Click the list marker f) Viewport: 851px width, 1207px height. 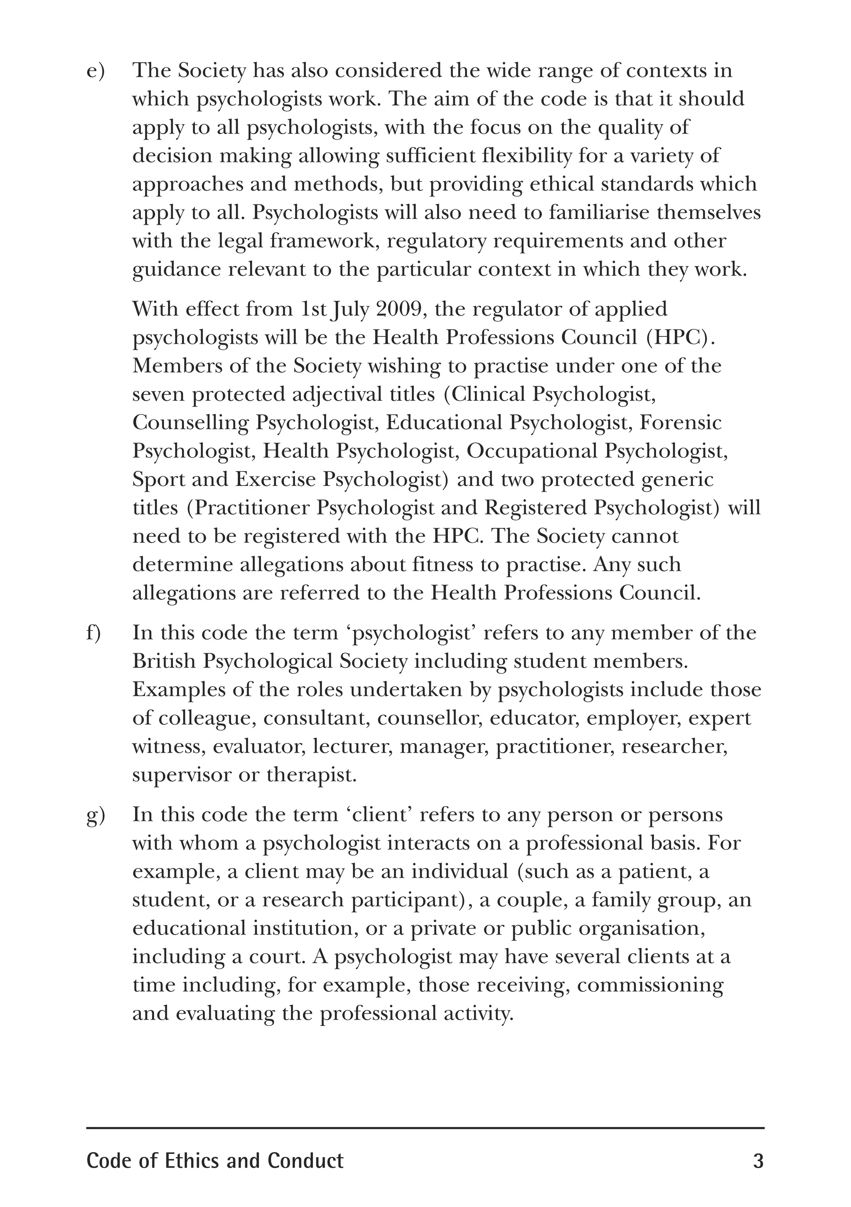coord(93,633)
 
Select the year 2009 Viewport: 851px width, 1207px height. coord(400,309)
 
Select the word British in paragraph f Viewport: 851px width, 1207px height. coord(164,661)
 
